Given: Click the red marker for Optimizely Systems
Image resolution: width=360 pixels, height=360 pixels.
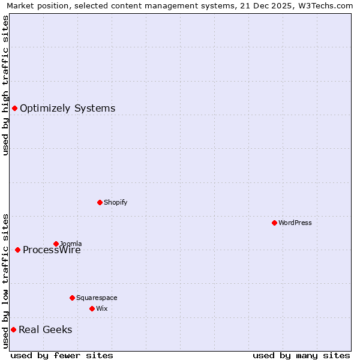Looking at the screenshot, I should coord(14,108).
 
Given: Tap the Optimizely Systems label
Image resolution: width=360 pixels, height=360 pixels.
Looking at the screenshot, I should coord(67,109).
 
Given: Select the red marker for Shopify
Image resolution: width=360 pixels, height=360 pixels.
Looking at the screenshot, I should coord(100,202).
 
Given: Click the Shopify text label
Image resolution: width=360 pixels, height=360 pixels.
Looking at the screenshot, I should coord(115,202).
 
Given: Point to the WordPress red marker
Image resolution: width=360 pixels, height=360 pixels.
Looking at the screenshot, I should coord(274,223).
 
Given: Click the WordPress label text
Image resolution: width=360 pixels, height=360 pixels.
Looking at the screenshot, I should coord(295,223).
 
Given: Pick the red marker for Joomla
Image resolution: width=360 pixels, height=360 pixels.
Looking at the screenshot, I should coord(56,244).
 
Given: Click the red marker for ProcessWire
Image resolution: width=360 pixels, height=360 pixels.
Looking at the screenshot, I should coord(17,250).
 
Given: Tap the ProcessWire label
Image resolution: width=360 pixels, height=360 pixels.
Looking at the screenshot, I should coord(52,251).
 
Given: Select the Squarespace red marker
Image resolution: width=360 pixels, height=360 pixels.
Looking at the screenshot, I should coord(72,298).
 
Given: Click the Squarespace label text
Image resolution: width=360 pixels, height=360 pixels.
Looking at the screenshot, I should coord(97,298).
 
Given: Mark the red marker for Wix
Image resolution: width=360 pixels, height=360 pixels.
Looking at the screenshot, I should coord(92,308).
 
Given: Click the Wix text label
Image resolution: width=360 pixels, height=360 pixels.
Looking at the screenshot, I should coord(101,308).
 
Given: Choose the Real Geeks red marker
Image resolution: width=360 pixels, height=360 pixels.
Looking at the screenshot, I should coord(13,329).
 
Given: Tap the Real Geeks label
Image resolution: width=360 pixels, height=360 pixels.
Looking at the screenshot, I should coord(45,330).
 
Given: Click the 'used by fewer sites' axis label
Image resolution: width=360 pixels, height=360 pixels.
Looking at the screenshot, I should coord(62,355).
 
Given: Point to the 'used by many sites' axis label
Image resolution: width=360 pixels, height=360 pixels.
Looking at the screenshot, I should coord(301,355).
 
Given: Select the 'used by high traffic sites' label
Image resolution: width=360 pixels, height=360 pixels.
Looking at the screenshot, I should coord(5,85).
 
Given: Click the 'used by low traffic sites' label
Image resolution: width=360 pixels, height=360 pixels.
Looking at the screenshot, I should coord(5,281).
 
